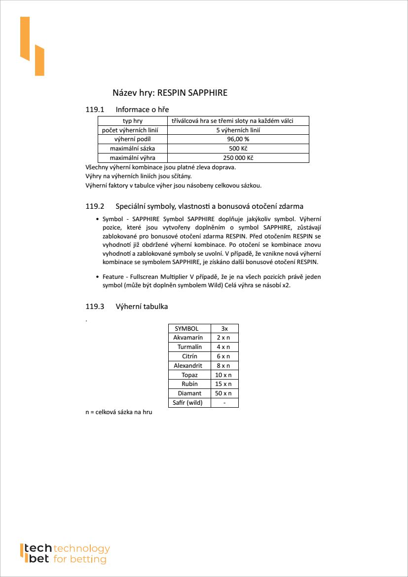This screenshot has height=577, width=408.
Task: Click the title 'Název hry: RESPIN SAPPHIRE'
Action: point(170,93)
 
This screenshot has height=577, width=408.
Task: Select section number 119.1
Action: point(95,109)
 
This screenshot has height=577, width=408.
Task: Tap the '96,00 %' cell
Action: point(238,139)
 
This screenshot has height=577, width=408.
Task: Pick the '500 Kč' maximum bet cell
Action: point(238,149)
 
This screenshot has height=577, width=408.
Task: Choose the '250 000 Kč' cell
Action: point(238,158)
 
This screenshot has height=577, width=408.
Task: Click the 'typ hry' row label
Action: point(132,121)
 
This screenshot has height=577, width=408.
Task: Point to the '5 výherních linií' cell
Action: point(238,130)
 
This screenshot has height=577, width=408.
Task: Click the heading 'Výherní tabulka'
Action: point(142,307)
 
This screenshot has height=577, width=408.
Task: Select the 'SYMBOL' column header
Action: point(186,328)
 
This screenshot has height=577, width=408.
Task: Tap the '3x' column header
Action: point(224,328)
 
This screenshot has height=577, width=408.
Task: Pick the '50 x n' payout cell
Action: point(224,393)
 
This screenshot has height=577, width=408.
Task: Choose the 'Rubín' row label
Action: point(189,384)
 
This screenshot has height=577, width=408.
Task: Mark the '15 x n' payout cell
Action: point(224,384)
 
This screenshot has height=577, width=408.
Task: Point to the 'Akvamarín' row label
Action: point(188,338)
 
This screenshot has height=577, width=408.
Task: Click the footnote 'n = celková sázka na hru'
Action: point(118,412)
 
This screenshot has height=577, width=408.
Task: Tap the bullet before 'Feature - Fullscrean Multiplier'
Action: point(97,277)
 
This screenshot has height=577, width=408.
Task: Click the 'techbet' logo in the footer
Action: point(64,554)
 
